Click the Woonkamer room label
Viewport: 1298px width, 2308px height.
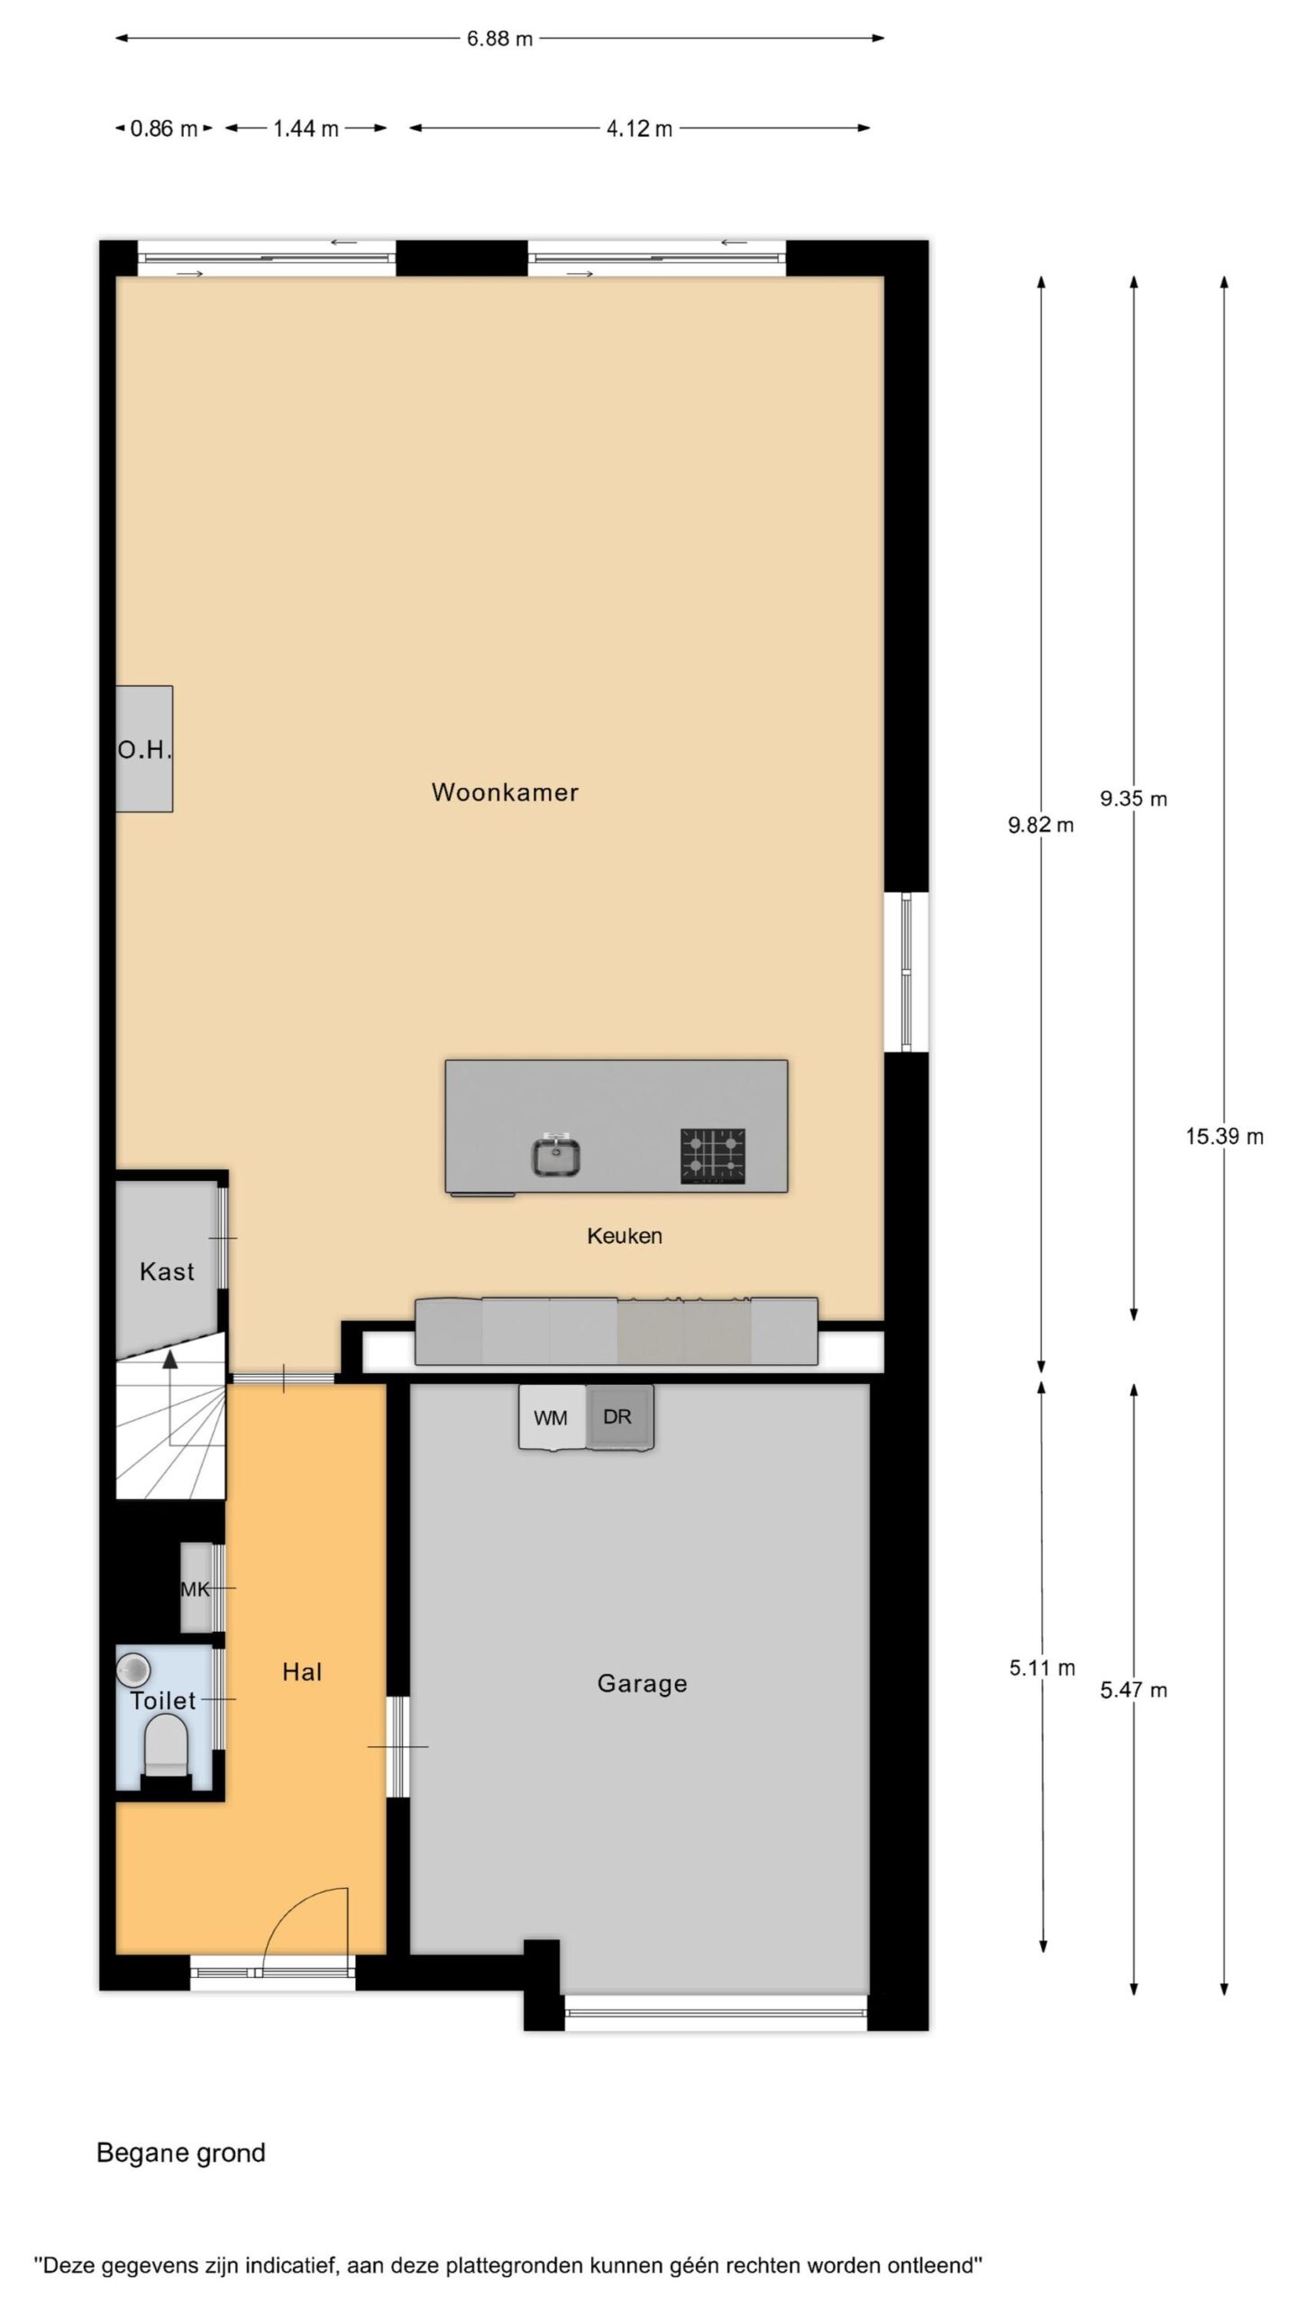point(505,792)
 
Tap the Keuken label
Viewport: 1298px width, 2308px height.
point(625,1236)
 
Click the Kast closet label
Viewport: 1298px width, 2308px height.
point(167,1272)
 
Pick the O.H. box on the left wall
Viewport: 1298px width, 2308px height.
point(144,748)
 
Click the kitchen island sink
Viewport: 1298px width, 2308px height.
point(555,1157)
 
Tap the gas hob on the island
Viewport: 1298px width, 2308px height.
point(713,1156)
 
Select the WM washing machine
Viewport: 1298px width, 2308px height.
point(552,1417)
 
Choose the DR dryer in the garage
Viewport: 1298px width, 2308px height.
point(619,1417)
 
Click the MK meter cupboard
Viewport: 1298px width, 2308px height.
point(196,1589)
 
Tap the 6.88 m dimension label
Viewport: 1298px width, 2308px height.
point(499,39)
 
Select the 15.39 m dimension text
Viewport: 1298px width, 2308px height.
point(1224,1137)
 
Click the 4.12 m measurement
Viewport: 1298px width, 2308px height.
point(639,129)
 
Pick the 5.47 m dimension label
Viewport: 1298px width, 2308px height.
point(1133,1690)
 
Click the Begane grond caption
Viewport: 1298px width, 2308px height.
point(181,2153)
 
